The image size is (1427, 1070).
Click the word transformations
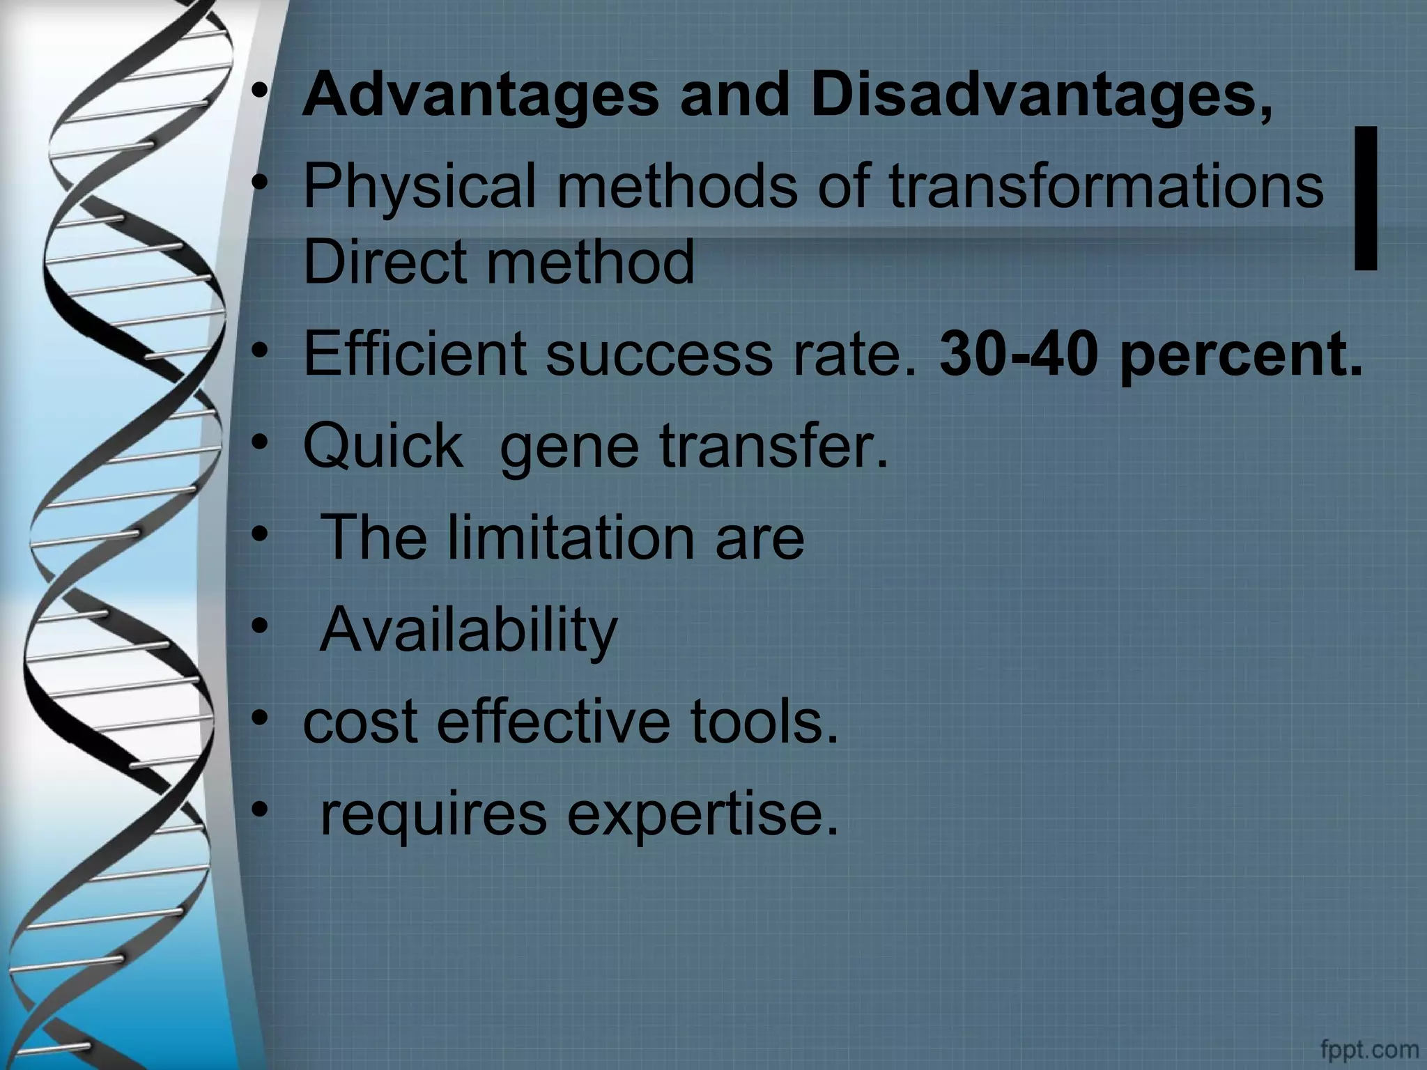(1106, 186)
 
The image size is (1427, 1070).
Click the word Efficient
(414, 353)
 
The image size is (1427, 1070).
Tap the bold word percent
(1240, 355)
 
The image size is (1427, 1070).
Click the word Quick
(383, 445)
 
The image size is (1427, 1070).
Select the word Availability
(468, 630)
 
